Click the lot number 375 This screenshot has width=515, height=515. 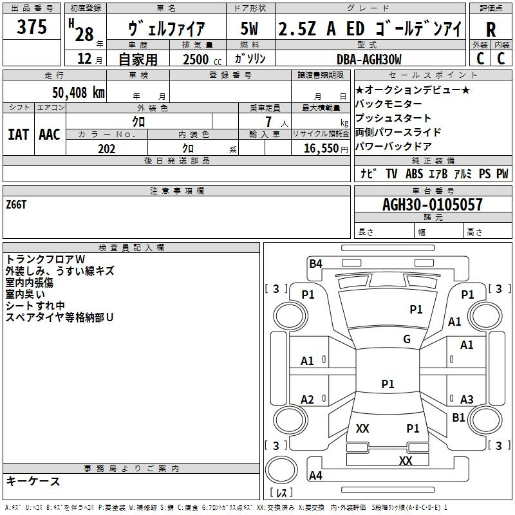tap(32, 26)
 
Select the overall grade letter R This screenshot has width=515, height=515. tap(491, 30)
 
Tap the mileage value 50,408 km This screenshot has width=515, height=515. tap(79, 93)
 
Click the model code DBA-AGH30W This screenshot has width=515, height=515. tap(369, 59)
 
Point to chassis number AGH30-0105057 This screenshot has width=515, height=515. tap(433, 205)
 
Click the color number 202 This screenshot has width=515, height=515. tap(106, 149)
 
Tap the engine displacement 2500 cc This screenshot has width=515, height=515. tap(202, 59)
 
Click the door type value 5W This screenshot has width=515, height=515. tap(249, 28)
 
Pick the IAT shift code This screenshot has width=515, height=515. tap(19, 135)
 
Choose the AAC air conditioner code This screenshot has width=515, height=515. tap(50, 135)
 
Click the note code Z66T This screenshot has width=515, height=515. tap(16, 205)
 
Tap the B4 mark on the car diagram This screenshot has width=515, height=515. tap(315, 264)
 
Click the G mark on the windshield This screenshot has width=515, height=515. tap(407, 339)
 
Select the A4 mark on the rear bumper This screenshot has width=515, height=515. tap(315, 475)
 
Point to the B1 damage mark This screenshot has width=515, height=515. tap(458, 417)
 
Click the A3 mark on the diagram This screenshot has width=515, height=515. tap(467, 399)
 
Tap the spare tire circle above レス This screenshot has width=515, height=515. tap(281, 470)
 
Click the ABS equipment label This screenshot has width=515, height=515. tap(414, 174)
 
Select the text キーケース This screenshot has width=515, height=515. tap(33, 481)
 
